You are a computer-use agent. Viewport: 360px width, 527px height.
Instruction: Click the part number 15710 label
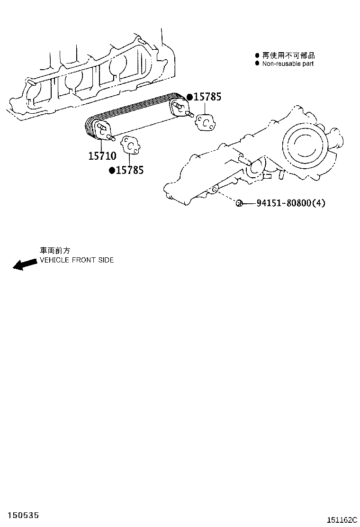coord(102,155)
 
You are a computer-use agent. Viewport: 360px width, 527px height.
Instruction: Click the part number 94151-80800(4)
coord(291,203)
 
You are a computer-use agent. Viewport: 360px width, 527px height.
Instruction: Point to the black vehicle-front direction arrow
coord(24,264)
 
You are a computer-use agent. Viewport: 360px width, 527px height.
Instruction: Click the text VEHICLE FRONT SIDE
coord(76,260)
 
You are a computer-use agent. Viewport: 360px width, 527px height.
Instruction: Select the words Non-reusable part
coord(288,64)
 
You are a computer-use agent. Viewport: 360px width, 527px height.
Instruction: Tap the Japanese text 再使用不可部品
coord(285,55)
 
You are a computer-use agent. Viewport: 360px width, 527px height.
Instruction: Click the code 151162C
coord(340,520)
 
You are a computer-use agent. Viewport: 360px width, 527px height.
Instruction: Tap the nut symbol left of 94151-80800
coord(239,203)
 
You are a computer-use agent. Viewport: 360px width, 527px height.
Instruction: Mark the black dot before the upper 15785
coord(189,97)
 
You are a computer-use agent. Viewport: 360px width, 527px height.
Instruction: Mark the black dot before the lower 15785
coord(112,170)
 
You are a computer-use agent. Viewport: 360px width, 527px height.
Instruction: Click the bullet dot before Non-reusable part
coord(257,64)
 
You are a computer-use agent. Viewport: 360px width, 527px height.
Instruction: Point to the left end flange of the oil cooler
coord(101,130)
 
